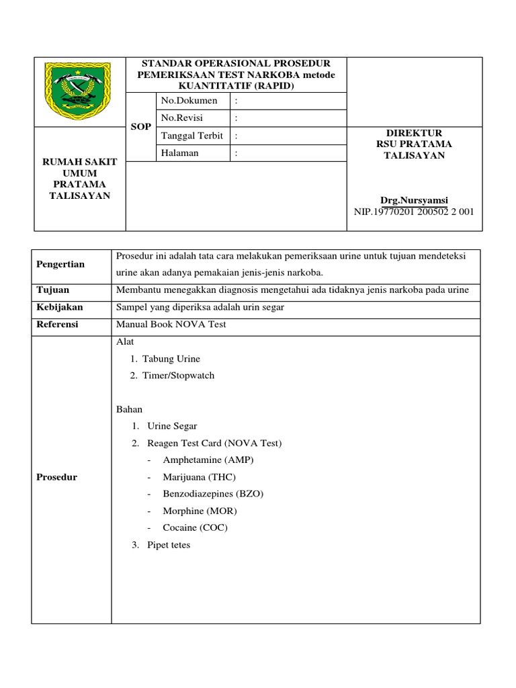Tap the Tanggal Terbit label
click(191, 136)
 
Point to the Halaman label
click(181, 153)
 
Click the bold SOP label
click(141, 127)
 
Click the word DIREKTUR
click(414, 133)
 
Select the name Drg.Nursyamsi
click(414, 200)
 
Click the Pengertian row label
click(60, 264)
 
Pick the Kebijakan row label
click(60, 307)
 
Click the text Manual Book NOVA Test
click(171, 325)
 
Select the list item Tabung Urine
click(171, 359)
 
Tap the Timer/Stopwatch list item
click(178, 376)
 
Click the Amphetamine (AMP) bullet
click(208, 460)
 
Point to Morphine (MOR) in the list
click(200, 511)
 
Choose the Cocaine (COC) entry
click(195, 527)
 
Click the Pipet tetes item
click(169, 545)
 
